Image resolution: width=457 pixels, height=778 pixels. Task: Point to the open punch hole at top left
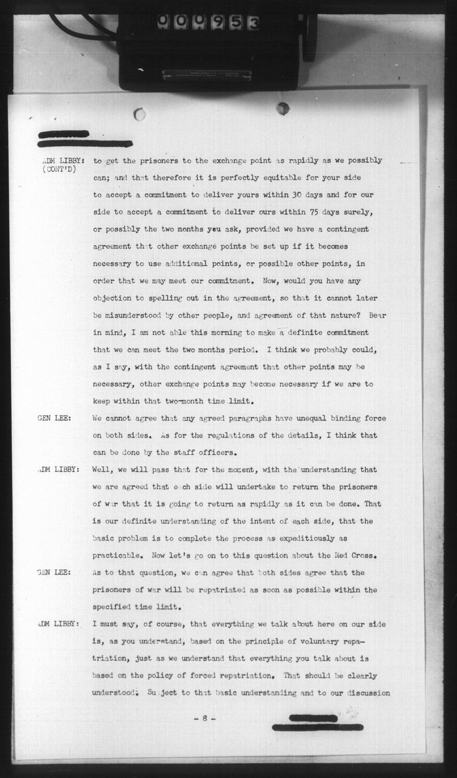(140, 115)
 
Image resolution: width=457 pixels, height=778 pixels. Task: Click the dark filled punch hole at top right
(282, 108)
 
